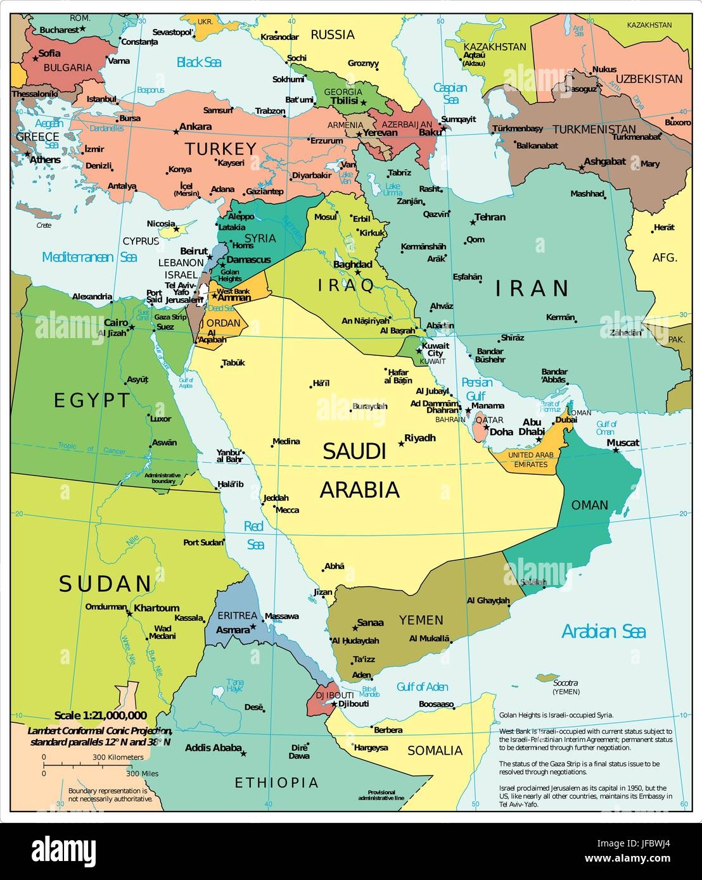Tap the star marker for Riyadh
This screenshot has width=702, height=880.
tap(401, 444)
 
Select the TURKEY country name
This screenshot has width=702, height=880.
tap(220, 149)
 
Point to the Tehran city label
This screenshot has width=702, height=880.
tap(490, 217)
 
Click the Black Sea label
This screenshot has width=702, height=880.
tap(198, 62)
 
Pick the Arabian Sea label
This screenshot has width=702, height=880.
tap(603, 631)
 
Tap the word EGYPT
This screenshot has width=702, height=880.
tap(92, 400)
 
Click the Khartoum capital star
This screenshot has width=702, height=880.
tap(129, 613)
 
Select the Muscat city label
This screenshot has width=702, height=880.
tap(623, 443)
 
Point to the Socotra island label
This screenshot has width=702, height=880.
tap(565, 683)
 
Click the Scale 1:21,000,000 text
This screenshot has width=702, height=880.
tap(100, 715)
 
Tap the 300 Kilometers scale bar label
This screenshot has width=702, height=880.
tap(118, 757)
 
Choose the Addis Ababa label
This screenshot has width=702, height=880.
tap(213, 748)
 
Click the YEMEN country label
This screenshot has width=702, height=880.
tap(421, 620)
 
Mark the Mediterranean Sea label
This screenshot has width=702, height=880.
tap(89, 257)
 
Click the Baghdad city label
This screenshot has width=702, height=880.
tap(352, 264)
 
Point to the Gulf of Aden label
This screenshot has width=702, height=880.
tap(422, 687)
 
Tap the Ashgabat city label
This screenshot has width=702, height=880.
tap(604, 161)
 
